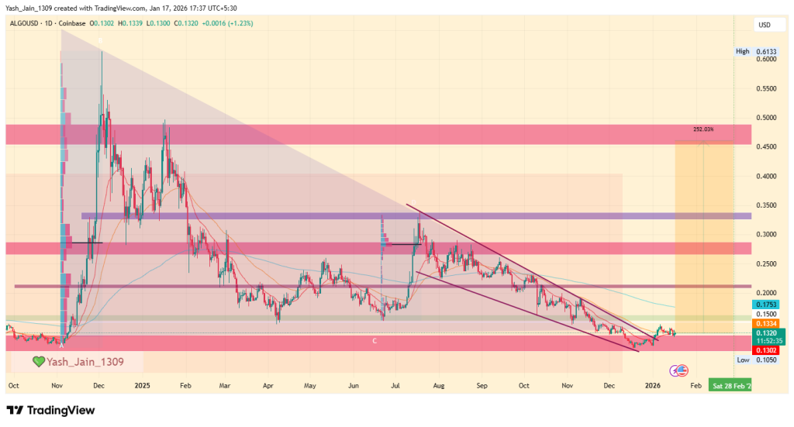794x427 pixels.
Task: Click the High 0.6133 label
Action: pyautogui.click(x=754, y=51)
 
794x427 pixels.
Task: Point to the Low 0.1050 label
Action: pyautogui.click(x=754, y=360)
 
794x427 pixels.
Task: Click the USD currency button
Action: pyautogui.click(x=765, y=26)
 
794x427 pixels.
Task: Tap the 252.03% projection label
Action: pyautogui.click(x=703, y=129)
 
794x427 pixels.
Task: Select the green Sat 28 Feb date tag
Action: pyautogui.click(x=730, y=384)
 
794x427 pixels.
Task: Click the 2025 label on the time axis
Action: pyautogui.click(x=141, y=384)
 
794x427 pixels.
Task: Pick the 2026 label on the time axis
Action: pyautogui.click(x=652, y=384)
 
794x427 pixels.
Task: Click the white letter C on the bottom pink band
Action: pyautogui.click(x=375, y=341)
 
